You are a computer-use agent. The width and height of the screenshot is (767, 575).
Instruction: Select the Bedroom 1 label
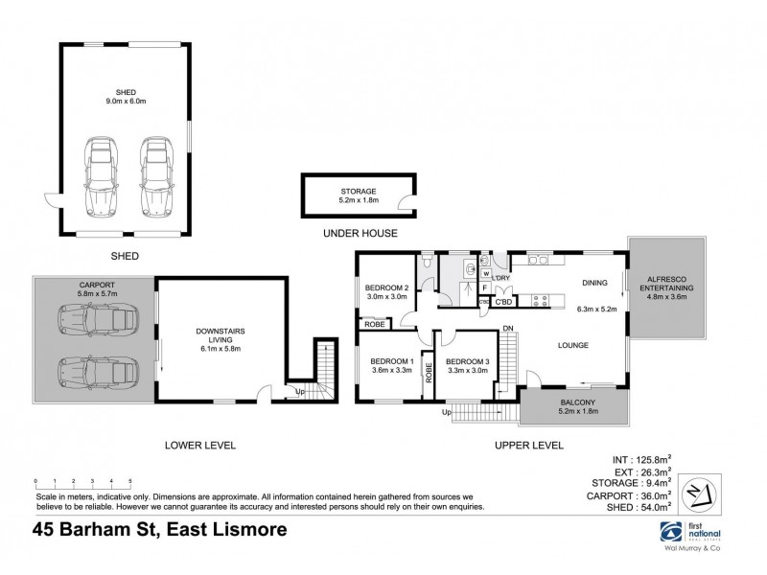pyautogui.click(x=391, y=366)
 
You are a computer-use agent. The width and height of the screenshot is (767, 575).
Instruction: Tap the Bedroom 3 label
pyautogui.click(x=466, y=366)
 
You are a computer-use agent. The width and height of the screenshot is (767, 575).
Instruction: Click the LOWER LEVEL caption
pyautogui.click(x=199, y=446)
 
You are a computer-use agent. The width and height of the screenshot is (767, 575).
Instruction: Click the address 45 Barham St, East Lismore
pyautogui.click(x=159, y=530)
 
